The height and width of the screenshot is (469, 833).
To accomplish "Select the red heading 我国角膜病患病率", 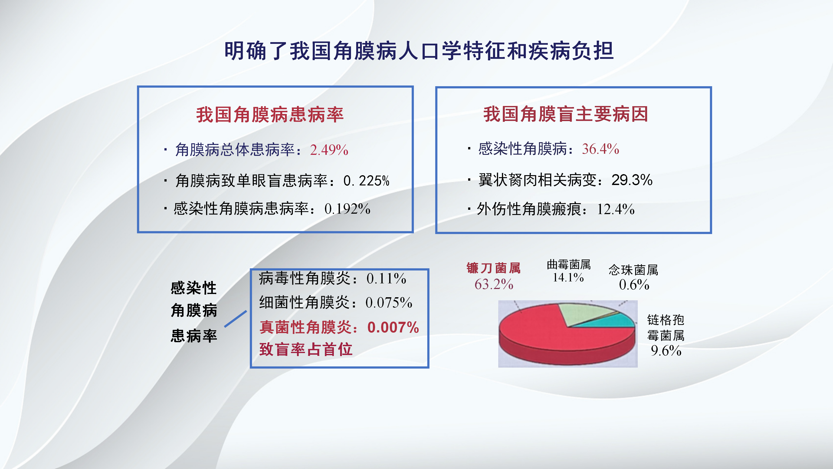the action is coord(270,115).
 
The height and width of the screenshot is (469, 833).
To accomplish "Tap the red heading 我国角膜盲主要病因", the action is coord(566,114).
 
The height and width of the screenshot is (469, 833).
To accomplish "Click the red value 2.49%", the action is coord(329,150).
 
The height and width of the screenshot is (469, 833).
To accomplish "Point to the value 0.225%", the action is coord(366,181).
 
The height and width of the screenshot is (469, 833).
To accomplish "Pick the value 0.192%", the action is coord(347,209).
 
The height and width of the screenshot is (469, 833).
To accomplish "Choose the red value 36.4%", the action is coord(600,149).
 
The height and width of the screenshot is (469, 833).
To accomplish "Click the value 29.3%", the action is coord(632,180).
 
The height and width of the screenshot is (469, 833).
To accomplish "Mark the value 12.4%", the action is coord(616,209).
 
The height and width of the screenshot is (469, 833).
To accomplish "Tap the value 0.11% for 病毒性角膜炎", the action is coord(386,278).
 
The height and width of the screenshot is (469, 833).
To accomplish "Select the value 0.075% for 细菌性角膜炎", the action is coord(389,303).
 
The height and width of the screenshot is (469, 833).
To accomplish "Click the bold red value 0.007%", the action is coord(393,327).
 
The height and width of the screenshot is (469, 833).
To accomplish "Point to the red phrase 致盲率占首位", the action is coord(306,350).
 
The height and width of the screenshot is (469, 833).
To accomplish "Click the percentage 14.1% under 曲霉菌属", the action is coord(568,277).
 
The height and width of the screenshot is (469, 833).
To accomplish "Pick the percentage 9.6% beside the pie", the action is coord(666,350).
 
